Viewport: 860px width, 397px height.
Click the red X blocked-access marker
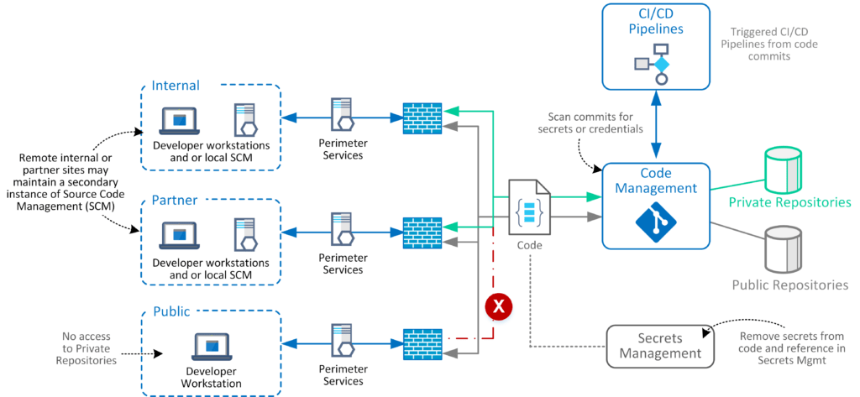[x=499, y=307]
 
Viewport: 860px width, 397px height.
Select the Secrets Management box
[x=660, y=345]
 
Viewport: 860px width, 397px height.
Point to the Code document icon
[x=531, y=208]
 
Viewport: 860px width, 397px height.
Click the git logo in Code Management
[x=656, y=222]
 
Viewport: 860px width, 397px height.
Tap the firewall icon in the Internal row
[x=422, y=118]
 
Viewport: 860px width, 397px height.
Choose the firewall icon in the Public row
[x=422, y=342]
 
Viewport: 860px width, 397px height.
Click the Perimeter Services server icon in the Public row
[x=342, y=340]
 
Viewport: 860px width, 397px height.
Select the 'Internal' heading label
[x=176, y=86]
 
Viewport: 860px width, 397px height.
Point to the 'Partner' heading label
[x=175, y=201]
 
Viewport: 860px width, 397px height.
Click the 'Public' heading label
[x=171, y=312]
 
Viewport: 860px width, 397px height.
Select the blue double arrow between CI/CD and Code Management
[x=656, y=125]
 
